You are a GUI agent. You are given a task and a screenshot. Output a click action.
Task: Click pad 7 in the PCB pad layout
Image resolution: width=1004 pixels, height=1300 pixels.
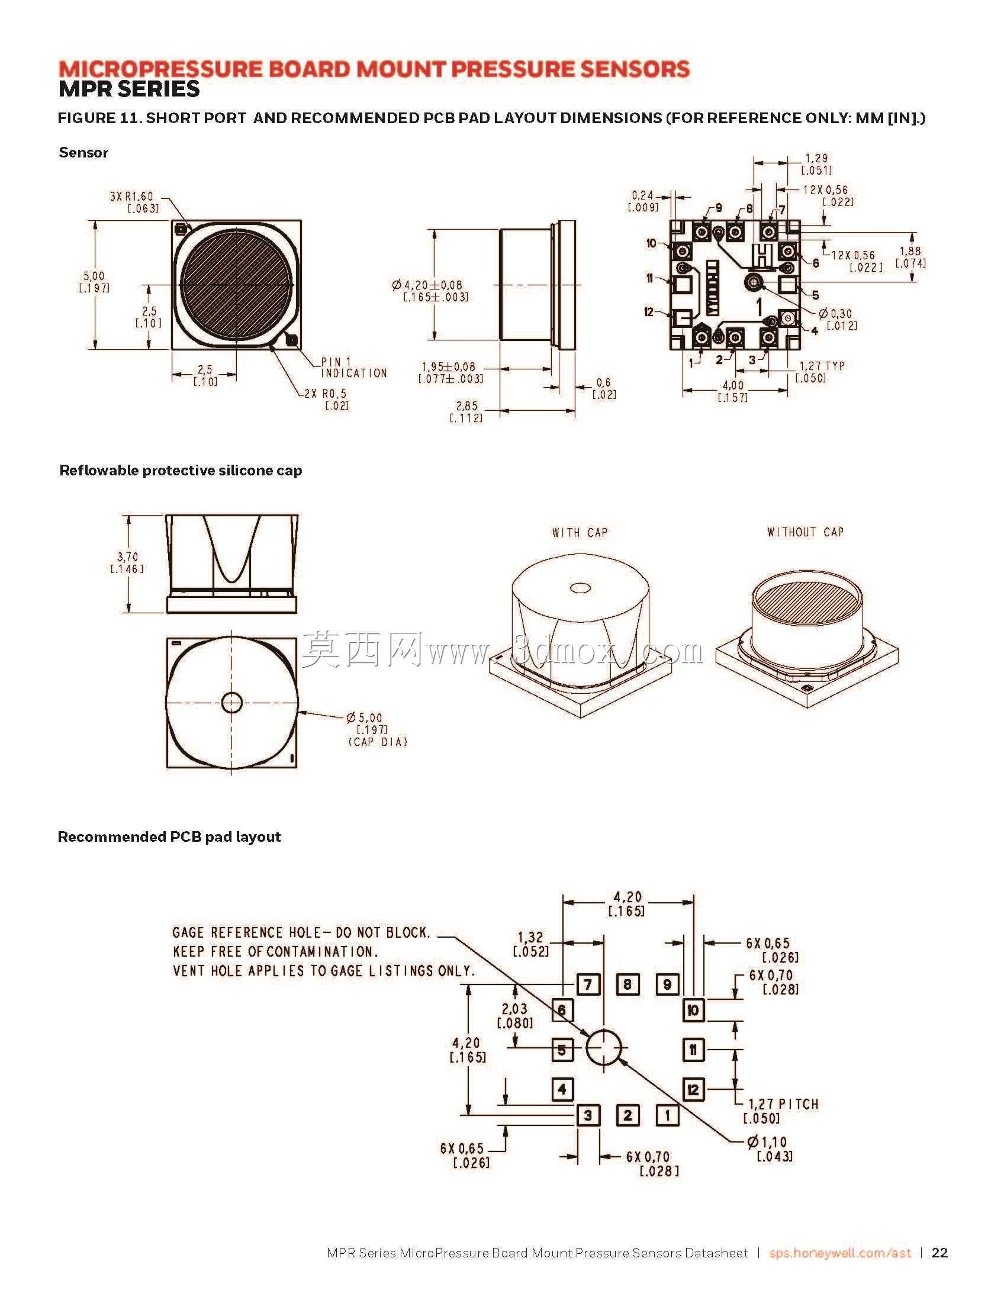588,984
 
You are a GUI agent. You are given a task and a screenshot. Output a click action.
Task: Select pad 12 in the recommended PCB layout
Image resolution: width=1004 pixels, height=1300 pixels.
693,1090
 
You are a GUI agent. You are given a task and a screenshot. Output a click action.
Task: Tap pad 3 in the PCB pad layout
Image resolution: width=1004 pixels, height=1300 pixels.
588,1115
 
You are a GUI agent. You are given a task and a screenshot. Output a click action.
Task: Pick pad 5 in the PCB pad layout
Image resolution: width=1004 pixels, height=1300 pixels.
562,1051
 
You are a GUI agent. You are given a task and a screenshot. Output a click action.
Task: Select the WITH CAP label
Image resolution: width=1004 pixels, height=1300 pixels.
580,532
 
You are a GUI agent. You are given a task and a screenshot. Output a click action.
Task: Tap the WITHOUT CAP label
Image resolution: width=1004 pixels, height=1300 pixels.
805,532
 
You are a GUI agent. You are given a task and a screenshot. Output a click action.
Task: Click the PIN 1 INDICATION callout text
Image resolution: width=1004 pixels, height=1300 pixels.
354,368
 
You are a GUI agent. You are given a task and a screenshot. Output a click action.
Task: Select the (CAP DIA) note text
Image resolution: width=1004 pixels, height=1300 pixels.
377,742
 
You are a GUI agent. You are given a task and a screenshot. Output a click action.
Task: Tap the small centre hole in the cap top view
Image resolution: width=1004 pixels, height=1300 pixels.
232,702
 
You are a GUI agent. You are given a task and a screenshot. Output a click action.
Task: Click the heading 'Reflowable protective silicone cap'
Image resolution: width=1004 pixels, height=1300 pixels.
181,470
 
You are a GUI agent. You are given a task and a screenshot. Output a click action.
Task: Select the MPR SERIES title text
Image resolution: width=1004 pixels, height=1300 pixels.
128,89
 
